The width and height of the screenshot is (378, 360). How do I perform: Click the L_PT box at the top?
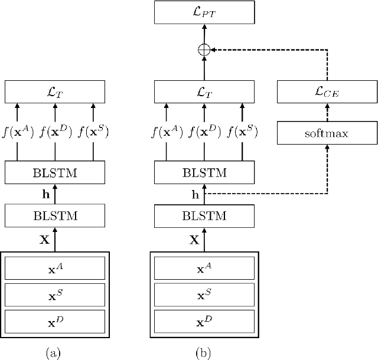(204, 12)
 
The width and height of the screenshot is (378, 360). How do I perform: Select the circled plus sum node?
(204, 51)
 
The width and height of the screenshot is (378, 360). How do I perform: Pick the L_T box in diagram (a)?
(54, 91)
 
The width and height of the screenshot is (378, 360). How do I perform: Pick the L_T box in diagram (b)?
(204, 91)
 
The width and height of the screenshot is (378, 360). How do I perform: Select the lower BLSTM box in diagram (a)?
(54, 217)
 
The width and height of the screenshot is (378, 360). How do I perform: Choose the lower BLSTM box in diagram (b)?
(204, 217)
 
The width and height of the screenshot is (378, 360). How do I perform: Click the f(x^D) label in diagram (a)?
(54, 132)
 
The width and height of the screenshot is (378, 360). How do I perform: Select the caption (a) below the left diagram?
(54, 352)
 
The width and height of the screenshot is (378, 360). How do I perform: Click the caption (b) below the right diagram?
(203, 352)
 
